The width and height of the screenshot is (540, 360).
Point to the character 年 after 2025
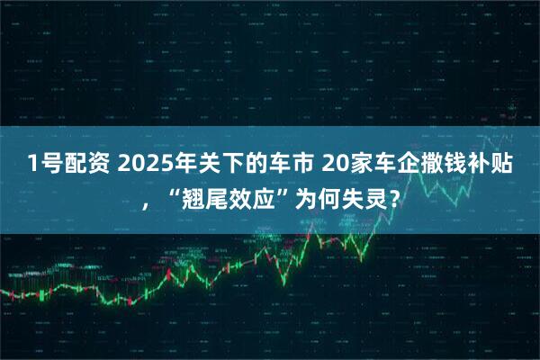[x=184, y=164]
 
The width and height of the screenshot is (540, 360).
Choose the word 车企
[x=400, y=164]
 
